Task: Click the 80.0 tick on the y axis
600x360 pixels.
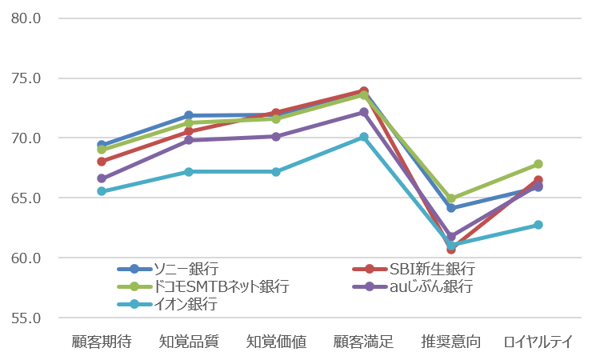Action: coord(26,18)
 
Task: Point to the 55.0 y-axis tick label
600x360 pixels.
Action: coord(26,318)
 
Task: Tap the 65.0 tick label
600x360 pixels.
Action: coord(26,198)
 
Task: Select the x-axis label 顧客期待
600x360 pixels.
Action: coord(102,342)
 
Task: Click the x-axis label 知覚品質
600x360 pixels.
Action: coord(189,342)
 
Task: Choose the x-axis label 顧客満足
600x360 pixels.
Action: coord(363,342)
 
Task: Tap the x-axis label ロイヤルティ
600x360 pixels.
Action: coord(538,342)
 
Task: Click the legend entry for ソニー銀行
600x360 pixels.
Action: coord(168,269)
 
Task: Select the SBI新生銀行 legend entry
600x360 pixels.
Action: coord(414,269)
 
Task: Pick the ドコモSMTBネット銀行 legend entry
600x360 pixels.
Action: coord(203,286)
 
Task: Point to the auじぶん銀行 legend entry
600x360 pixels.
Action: coord(413,286)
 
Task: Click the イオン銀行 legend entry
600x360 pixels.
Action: coord(168,304)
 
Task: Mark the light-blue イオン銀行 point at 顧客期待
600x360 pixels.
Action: coord(102,191)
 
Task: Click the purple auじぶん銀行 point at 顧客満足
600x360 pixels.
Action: coord(363,112)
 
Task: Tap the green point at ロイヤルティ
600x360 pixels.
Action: coord(538,164)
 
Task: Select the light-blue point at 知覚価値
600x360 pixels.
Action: coord(276,172)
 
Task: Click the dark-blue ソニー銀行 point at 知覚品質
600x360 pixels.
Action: coord(189,115)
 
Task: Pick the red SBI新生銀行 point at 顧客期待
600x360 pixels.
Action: coord(102,162)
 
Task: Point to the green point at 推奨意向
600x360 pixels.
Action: coord(451,198)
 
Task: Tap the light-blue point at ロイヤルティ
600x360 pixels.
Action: coord(538,225)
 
